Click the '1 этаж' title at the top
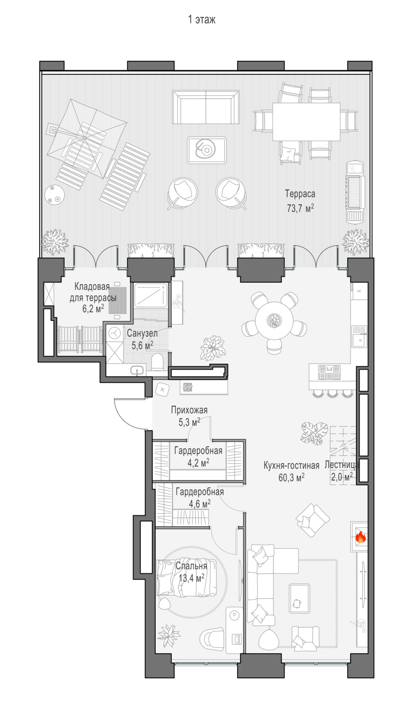pos(201,20)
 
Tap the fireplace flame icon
pos(361,537)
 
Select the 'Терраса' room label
pos(300,193)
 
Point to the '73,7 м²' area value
pos(300,208)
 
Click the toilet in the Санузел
pos(158,362)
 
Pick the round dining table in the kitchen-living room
pos(273,321)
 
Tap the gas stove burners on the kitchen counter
pos(329,372)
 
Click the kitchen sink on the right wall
pos(360,337)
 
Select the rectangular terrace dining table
pos(306,122)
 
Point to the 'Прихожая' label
pos(189,410)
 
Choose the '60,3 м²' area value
pos(291,477)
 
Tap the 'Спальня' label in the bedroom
pos(191,566)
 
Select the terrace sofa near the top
pos(206,107)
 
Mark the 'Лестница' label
pos(341,465)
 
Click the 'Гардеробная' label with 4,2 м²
pos(198,451)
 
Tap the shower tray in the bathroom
pos(151,296)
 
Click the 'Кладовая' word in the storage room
pos(92,287)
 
